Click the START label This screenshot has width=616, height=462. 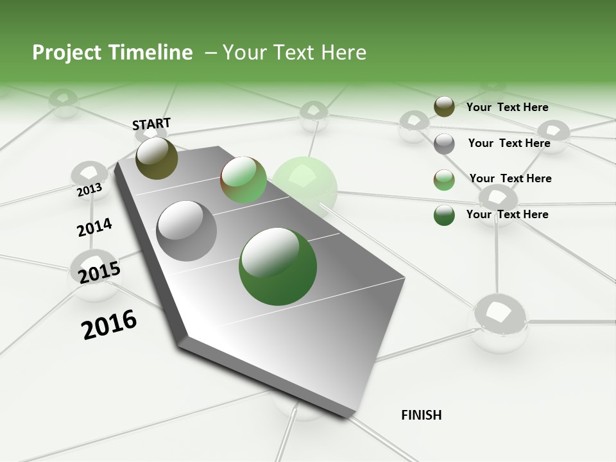(x=151, y=123)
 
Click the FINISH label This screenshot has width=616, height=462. (x=421, y=415)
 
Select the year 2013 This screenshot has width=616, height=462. (x=89, y=189)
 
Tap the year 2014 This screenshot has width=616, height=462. (x=94, y=227)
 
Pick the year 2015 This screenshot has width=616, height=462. (x=99, y=272)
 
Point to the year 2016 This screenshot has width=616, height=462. (x=109, y=324)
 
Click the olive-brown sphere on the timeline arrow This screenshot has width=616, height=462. (x=157, y=158)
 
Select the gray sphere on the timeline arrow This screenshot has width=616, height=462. (x=187, y=231)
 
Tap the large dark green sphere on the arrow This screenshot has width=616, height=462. (x=278, y=266)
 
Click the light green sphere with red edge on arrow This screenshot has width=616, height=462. (x=243, y=180)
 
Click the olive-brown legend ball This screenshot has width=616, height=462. (x=444, y=107)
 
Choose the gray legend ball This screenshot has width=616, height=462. (x=444, y=144)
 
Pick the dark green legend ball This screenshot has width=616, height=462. (x=444, y=215)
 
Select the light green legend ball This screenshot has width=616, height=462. (x=444, y=180)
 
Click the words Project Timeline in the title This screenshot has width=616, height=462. (x=112, y=53)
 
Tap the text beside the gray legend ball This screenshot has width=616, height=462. (x=509, y=143)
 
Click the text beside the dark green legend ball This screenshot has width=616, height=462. (x=507, y=214)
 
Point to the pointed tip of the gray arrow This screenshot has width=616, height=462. (x=350, y=416)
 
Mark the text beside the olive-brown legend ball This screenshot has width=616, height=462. (x=507, y=107)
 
